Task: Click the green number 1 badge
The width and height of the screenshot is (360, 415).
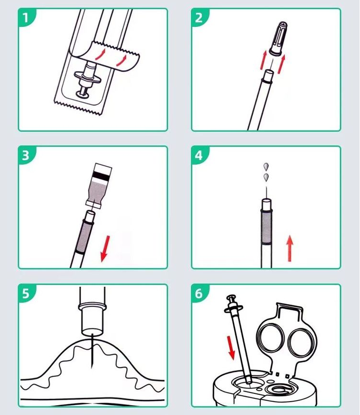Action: (26, 18)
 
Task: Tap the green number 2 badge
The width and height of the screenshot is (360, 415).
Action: (199, 18)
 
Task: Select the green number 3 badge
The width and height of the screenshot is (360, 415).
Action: (26, 155)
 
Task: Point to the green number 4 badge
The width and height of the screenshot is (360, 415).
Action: (199, 155)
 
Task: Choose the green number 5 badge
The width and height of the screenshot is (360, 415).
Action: (26, 293)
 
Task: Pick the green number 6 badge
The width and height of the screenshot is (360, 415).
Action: (199, 293)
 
